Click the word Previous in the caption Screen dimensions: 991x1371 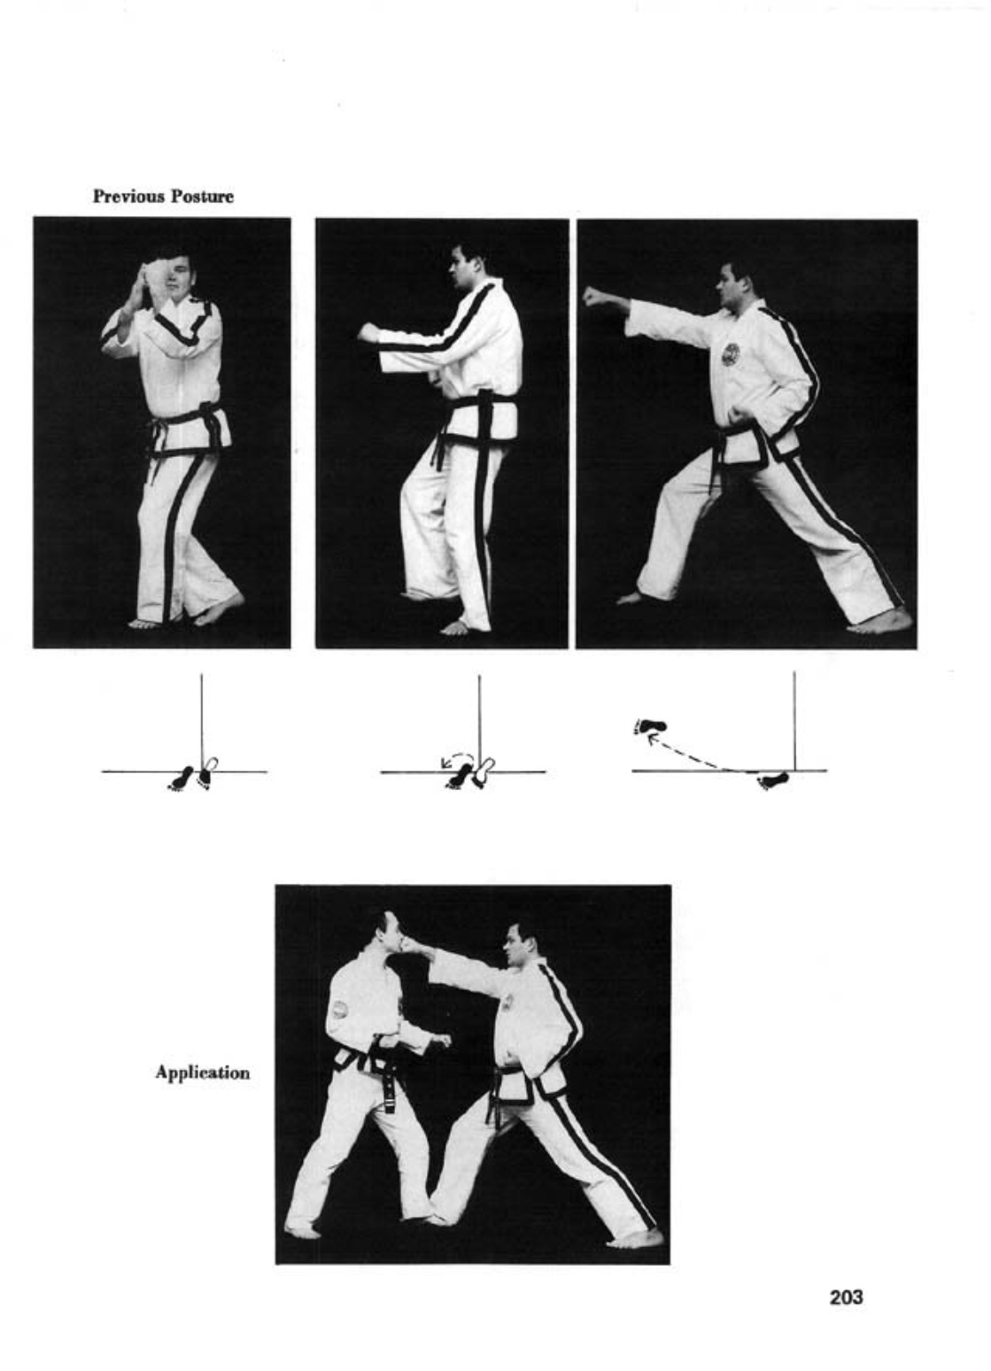coord(128,197)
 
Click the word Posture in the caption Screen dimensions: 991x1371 coord(202,197)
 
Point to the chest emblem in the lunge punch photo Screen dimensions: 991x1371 coord(731,354)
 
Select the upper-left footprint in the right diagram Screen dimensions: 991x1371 coord(649,726)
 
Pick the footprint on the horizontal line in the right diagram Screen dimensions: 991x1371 coord(772,779)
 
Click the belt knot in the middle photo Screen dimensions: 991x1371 coord(484,404)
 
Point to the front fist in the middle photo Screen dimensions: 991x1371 coord(368,332)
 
